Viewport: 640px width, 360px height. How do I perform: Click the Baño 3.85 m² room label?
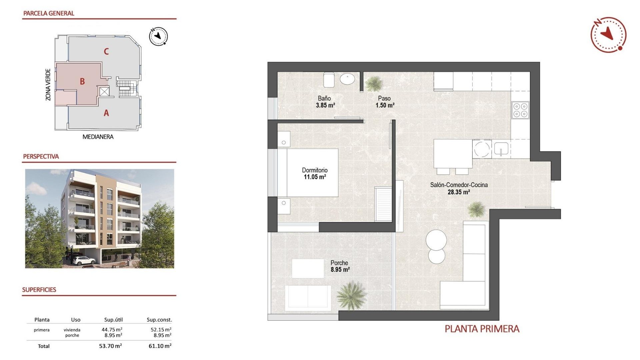pyautogui.click(x=325, y=102)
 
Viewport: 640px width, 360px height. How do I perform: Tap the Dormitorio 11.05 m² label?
pyautogui.click(x=315, y=173)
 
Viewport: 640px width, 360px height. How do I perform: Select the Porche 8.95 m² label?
pyautogui.click(x=340, y=266)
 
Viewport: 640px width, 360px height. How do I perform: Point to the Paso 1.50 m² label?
pyautogui.click(x=385, y=102)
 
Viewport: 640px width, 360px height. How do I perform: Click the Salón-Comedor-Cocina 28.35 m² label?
pyautogui.click(x=459, y=188)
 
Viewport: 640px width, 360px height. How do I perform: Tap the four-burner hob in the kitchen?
pyautogui.click(x=520, y=110)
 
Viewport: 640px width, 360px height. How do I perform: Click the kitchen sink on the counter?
pyautogui.click(x=501, y=149)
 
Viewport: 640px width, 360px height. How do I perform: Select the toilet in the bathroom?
pyautogui.click(x=329, y=80)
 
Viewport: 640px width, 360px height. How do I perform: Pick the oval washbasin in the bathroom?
pyautogui.click(x=347, y=79)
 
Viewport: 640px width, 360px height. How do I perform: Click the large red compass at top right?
pyautogui.click(x=608, y=35)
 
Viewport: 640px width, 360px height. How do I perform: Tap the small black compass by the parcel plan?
pyautogui.click(x=158, y=36)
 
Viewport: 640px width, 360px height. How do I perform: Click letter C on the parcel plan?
pyautogui.click(x=106, y=51)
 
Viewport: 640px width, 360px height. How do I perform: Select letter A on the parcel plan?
pyautogui.click(x=106, y=113)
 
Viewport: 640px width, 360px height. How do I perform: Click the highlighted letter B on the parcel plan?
pyautogui.click(x=82, y=81)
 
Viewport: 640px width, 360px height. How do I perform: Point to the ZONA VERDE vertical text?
pyautogui.click(x=48, y=85)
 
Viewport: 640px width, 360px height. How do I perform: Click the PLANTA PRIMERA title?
pyautogui.click(x=482, y=329)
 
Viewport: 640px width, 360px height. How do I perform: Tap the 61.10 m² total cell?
pyautogui.click(x=160, y=346)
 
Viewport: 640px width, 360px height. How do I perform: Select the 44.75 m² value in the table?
pyautogui.click(x=112, y=330)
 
